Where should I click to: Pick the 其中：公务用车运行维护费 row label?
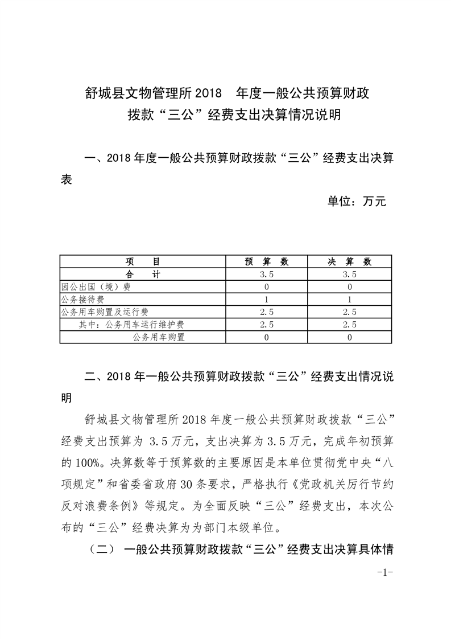click(131, 324)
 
